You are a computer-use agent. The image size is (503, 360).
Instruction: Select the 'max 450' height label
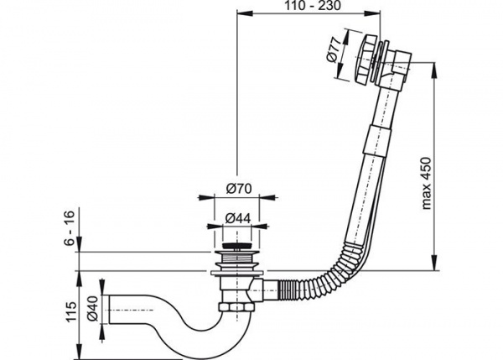(426, 183)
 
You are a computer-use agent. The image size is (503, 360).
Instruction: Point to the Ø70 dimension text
(239, 189)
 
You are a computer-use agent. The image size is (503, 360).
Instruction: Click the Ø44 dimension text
(237, 218)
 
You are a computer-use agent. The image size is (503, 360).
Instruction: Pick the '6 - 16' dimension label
(70, 227)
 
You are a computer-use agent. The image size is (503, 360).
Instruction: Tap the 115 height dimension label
(70, 311)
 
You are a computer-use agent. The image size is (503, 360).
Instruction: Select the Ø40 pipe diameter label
(92, 309)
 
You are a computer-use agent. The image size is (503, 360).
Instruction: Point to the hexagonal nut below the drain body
(235, 306)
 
